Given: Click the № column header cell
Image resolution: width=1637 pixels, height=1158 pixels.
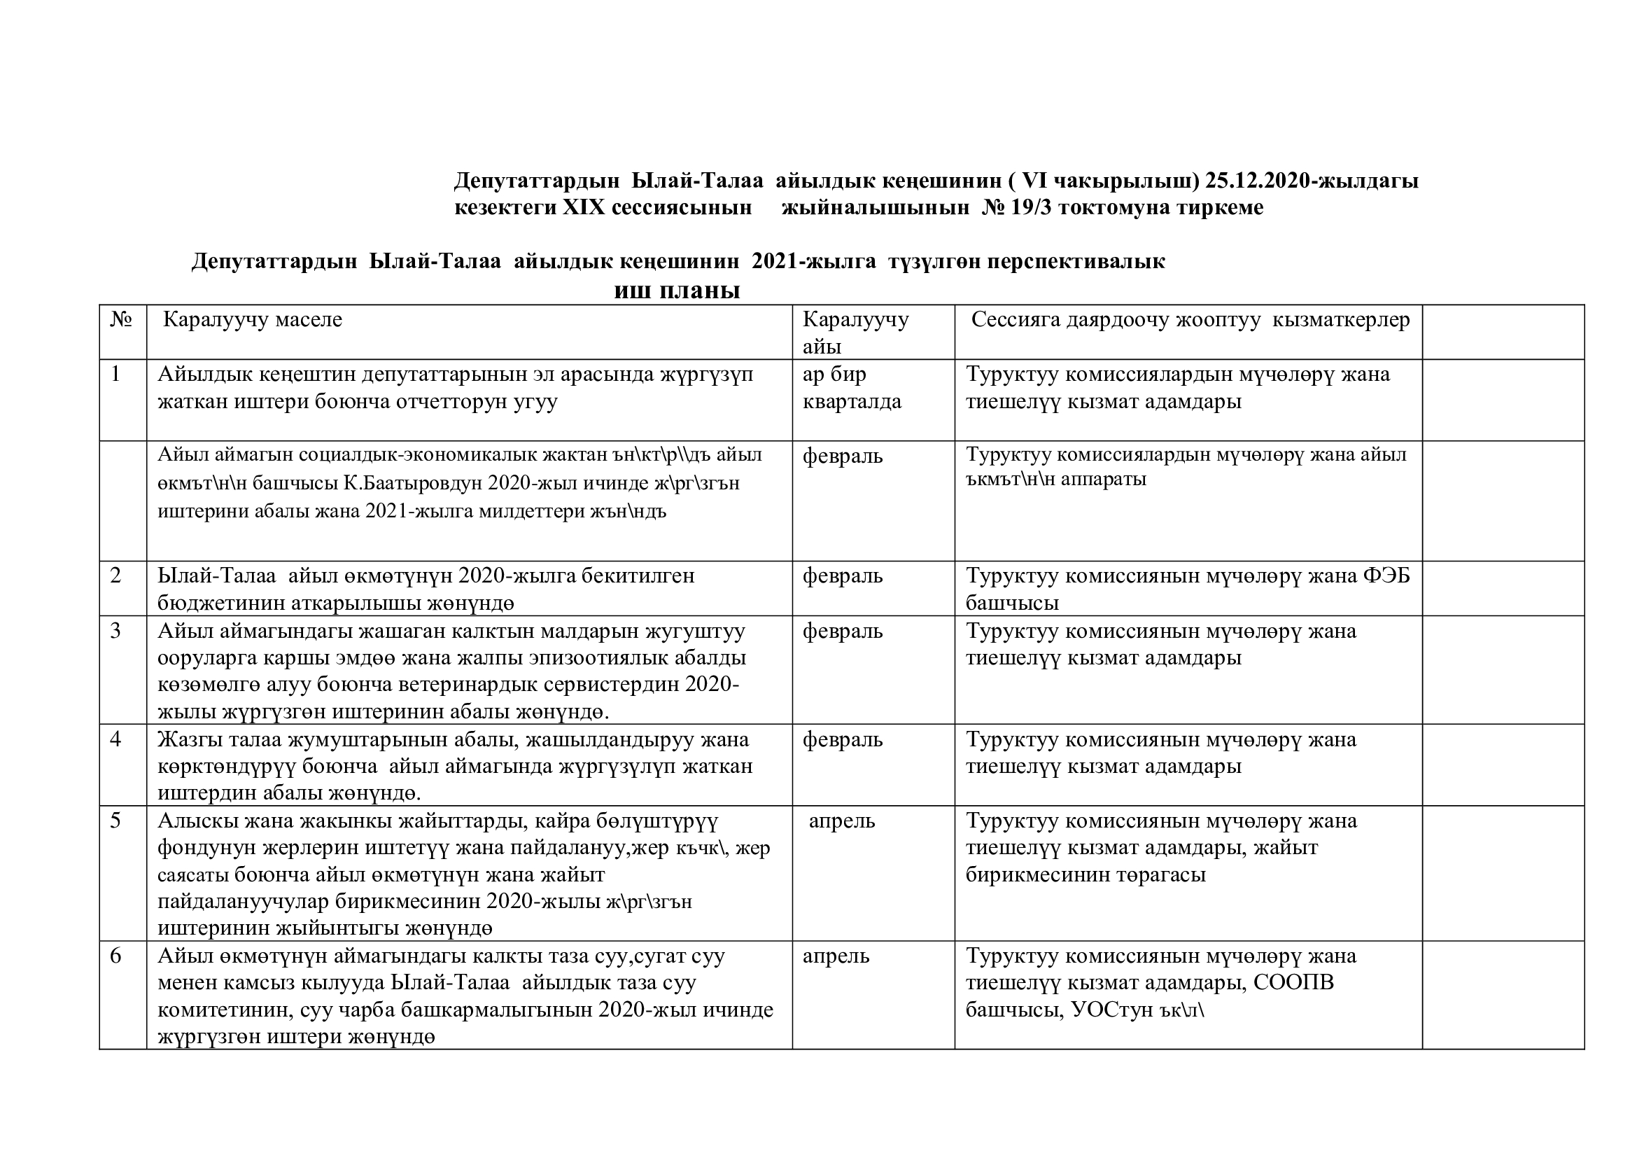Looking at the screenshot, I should (x=121, y=319).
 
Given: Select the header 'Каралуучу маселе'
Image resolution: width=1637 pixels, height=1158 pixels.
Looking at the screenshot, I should (x=253, y=319).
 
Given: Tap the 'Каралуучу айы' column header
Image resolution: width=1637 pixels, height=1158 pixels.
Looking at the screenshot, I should (x=855, y=333).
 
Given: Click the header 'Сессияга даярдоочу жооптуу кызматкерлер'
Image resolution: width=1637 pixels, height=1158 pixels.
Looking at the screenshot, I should (x=1190, y=319).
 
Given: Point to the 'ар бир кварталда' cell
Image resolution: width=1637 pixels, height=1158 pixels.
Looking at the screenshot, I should (x=851, y=388).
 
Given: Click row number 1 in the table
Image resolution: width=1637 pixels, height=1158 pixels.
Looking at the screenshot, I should (x=116, y=374).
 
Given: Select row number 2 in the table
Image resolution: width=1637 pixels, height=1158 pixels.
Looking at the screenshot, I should (x=116, y=575).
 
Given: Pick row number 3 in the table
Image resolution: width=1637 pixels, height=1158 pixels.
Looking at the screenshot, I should (x=116, y=631).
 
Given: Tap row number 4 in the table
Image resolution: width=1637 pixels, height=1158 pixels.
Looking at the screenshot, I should (x=116, y=739).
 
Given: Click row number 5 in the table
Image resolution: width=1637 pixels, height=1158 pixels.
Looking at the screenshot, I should (x=116, y=821).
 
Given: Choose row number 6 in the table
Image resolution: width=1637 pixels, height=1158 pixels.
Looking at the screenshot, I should (x=116, y=956).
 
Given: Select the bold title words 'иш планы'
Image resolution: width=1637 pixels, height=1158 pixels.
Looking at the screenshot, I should (x=677, y=291).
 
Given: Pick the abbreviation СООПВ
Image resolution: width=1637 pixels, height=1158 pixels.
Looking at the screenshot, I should (x=1293, y=982).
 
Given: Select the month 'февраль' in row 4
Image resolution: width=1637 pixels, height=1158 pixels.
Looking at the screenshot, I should (x=842, y=739).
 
